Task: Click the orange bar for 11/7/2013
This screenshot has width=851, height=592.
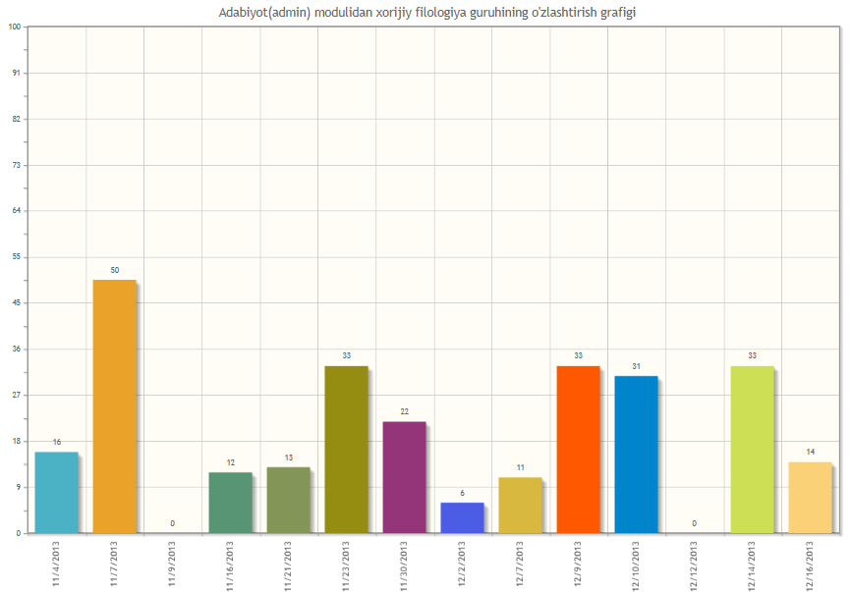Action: pos(114,406)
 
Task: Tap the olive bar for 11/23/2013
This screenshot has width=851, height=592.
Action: pos(346,450)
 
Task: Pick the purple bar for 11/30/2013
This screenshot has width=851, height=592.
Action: pos(404,477)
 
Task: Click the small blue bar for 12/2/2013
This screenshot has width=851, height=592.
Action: pos(462,517)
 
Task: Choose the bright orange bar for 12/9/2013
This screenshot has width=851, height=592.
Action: pos(578,450)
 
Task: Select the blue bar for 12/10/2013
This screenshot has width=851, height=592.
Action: pos(636,455)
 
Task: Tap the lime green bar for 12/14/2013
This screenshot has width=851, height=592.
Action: pos(752,450)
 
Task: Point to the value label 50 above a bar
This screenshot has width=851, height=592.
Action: pos(115,270)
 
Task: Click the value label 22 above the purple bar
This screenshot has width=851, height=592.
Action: pos(404,411)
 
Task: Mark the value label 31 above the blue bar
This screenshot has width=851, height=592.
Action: pos(636,366)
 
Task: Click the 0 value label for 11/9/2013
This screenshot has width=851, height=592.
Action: pos(172,523)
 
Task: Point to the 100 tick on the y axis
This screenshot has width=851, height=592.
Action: pos(15,27)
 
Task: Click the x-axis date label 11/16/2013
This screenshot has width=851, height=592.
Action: pos(230,564)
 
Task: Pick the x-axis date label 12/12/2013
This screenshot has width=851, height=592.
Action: pos(694,564)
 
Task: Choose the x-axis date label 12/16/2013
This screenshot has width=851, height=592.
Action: pos(810,564)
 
